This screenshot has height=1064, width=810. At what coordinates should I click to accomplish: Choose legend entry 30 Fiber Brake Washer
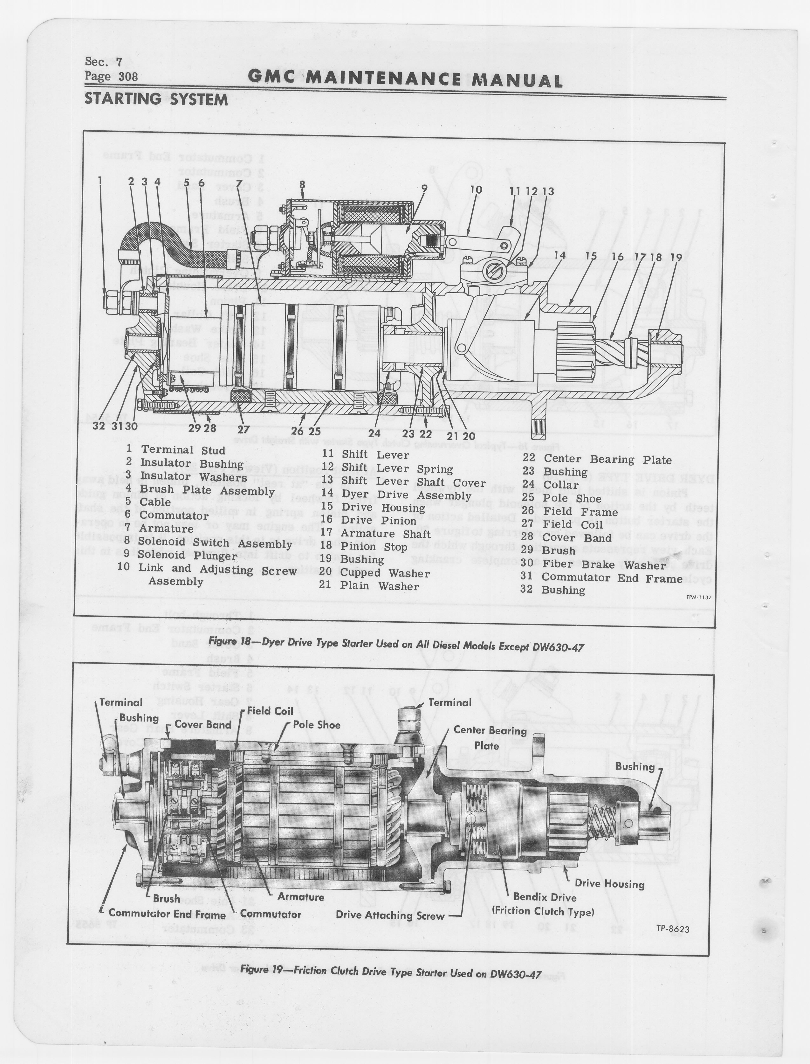click(604, 564)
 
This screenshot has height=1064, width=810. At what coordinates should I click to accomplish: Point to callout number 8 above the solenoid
click(302, 185)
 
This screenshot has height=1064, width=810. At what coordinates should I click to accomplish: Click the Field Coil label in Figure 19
click(270, 711)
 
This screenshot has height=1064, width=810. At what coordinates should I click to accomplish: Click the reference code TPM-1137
click(699, 597)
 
